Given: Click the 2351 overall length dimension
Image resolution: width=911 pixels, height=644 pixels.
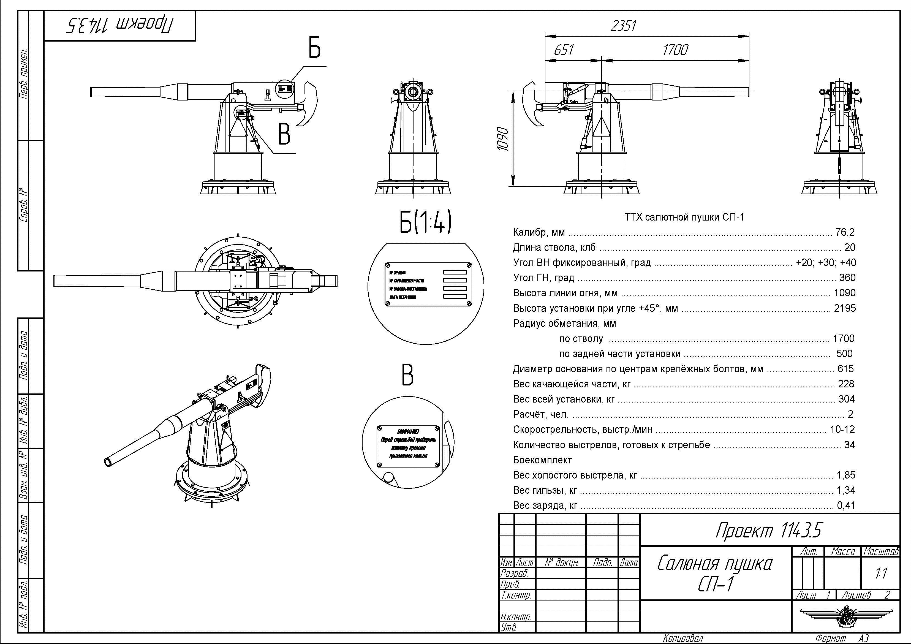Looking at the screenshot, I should point(623,26).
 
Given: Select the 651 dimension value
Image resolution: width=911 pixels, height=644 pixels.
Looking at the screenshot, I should point(564,50).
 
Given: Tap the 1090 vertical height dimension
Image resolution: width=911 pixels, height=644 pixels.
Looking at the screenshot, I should point(503,139).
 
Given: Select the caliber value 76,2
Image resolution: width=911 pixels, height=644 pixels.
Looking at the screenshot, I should point(845,232).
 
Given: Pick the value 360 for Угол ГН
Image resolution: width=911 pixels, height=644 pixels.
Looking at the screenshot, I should point(847,278).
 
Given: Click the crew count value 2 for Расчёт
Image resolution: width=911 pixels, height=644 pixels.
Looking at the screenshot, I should point(850,414).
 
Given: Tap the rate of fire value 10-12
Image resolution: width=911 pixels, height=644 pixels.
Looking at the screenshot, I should point(842,429).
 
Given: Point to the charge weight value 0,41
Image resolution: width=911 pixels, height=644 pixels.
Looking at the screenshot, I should point(846,505).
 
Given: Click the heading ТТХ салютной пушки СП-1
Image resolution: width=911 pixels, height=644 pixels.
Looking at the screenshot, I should point(684,217).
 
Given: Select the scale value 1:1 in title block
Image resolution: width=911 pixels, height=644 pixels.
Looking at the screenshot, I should point(881,573).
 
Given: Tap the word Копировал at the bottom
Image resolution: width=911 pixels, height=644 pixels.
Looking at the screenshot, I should point(683,638).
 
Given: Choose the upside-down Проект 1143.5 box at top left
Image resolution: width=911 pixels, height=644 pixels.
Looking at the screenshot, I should point(120,26).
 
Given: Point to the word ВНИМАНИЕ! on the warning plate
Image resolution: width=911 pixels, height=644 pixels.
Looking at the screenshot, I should point(408,431).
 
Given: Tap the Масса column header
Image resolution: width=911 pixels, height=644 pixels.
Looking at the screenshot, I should point(843,551).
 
